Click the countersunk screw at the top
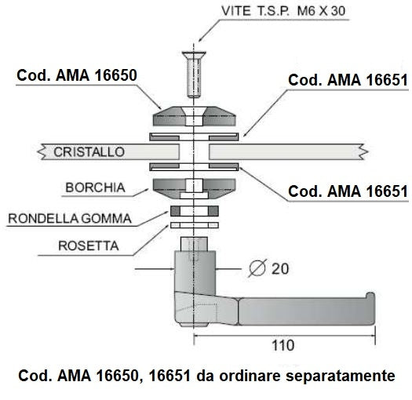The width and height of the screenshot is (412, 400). [x=194, y=74]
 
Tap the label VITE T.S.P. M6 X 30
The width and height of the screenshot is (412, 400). [x=283, y=11]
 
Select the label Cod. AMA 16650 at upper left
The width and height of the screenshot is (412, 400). [x=77, y=75]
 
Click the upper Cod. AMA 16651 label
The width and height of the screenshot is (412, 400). [x=348, y=80]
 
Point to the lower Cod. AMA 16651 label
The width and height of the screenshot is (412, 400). [x=348, y=191]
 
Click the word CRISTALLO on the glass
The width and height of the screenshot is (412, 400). [x=89, y=152]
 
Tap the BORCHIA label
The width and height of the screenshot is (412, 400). [x=95, y=187]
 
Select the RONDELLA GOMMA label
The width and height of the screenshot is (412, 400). [x=70, y=219]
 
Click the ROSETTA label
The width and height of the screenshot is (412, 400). [x=88, y=245]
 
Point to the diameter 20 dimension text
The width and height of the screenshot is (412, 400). [x=268, y=268]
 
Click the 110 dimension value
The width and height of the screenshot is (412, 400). [x=283, y=345]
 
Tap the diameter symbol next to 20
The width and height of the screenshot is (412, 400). [x=257, y=268]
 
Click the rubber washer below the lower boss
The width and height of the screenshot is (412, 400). [x=195, y=211]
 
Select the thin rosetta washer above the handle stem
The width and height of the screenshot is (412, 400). [x=195, y=225]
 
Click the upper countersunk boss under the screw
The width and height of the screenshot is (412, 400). [x=194, y=116]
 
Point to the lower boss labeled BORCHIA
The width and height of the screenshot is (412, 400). [x=194, y=188]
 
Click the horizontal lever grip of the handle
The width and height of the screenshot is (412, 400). [x=306, y=311]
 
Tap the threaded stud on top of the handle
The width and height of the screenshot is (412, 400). [x=194, y=244]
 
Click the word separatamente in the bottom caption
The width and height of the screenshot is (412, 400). [x=341, y=376]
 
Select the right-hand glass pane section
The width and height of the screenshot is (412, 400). [x=288, y=152]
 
